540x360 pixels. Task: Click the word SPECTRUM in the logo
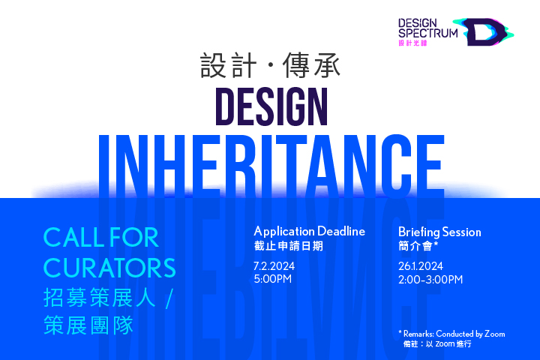click(x=428, y=33)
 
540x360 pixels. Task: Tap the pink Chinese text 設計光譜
click(x=413, y=43)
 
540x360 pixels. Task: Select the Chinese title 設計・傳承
click(x=270, y=65)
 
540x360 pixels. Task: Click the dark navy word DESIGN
click(x=271, y=106)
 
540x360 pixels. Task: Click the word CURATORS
click(x=109, y=268)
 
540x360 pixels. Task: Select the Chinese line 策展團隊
click(x=88, y=325)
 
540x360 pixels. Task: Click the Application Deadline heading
click(x=309, y=231)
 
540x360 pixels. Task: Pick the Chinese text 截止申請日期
click(x=289, y=246)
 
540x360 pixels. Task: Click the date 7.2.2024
click(x=274, y=266)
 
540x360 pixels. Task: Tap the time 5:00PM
click(x=273, y=279)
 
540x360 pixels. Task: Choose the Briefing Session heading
click(x=439, y=232)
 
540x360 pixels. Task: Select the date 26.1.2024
click(x=421, y=266)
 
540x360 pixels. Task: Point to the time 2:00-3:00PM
click(x=430, y=280)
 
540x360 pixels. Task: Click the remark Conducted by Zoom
click(x=470, y=334)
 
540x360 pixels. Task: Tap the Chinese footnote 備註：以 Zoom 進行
click(x=437, y=343)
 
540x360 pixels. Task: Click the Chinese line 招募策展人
click(x=100, y=297)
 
